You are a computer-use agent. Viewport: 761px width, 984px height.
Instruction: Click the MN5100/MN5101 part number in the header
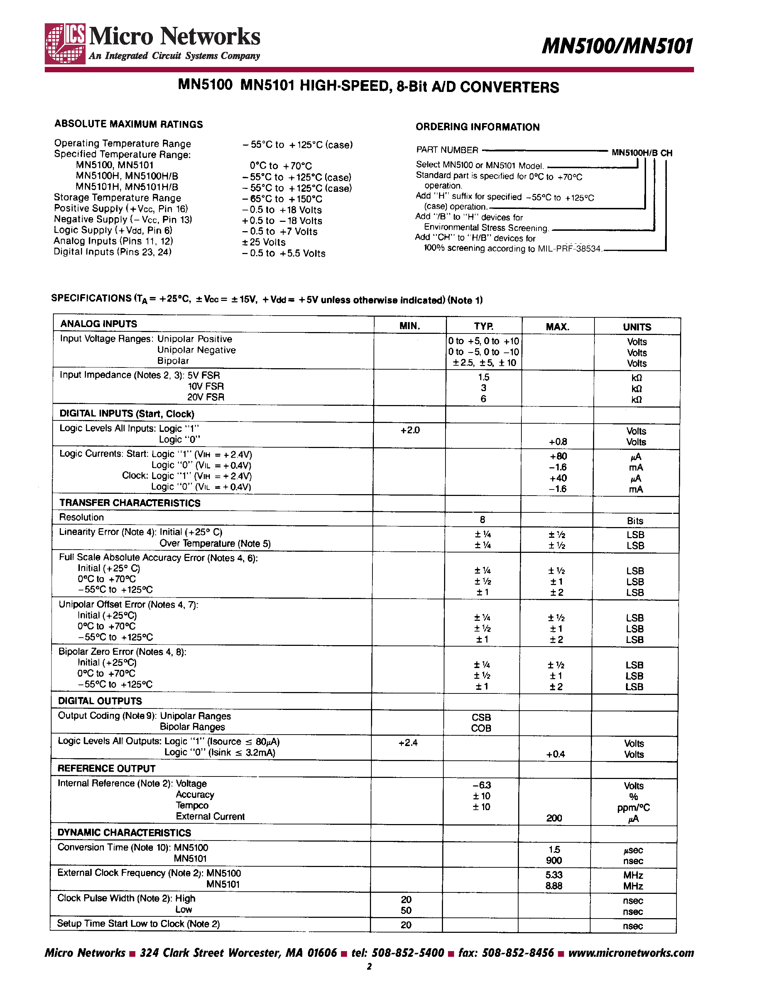[617, 46]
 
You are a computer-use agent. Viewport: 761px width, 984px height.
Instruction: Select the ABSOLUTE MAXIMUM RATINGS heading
[129, 125]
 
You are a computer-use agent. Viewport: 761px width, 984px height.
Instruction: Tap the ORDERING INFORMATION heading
[477, 127]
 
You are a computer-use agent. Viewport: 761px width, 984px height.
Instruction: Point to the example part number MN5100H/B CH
[641, 153]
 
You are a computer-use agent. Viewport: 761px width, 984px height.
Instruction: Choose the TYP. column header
[483, 326]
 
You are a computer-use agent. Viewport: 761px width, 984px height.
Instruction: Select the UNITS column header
[637, 327]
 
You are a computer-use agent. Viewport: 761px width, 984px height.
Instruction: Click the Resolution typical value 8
[482, 520]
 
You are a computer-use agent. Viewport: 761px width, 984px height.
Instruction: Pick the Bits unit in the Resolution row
[635, 521]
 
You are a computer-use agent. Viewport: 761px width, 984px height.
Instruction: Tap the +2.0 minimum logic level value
[410, 430]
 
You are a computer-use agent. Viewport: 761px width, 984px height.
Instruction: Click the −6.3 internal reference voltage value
[481, 785]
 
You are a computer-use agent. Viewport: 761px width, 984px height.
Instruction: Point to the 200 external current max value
[554, 818]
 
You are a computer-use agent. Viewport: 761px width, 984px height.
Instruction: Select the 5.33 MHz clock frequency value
[554, 875]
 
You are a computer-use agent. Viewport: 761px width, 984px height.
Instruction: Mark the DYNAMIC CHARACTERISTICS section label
[124, 833]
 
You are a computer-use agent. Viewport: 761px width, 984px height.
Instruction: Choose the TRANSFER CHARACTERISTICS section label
[130, 503]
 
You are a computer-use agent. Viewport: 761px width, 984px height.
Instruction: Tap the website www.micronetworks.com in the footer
[631, 953]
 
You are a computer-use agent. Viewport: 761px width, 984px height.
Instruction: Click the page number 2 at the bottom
[369, 966]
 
